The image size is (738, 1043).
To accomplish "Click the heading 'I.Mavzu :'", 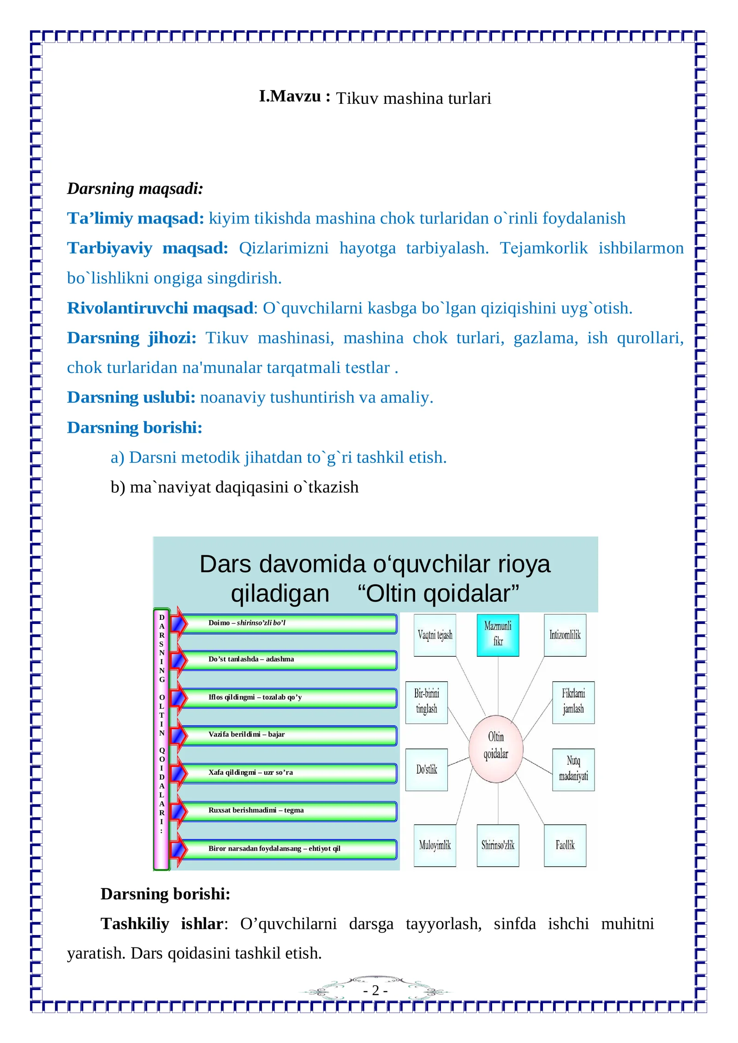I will (295, 96).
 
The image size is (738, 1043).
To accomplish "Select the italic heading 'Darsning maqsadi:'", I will (135, 189).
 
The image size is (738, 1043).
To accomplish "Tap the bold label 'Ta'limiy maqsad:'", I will (135, 218).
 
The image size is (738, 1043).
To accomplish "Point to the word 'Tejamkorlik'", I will (544, 248).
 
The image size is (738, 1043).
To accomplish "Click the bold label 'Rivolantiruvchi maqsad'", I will (160, 308).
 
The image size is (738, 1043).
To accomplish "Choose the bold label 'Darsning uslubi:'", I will (131, 397).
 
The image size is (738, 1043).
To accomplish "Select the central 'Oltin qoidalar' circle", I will (496, 749).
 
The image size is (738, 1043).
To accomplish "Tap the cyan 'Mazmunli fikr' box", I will (498, 635).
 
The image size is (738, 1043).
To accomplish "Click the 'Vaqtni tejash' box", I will (435, 635).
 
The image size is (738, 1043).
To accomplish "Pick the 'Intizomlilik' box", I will (565, 635).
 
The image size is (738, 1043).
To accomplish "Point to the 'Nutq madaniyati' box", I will (573, 769).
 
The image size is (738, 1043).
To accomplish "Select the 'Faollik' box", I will (565, 845).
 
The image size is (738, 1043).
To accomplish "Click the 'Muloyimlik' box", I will (435, 845).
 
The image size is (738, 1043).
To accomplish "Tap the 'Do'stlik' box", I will (427, 769).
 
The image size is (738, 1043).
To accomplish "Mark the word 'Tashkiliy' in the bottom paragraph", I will (135, 923).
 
